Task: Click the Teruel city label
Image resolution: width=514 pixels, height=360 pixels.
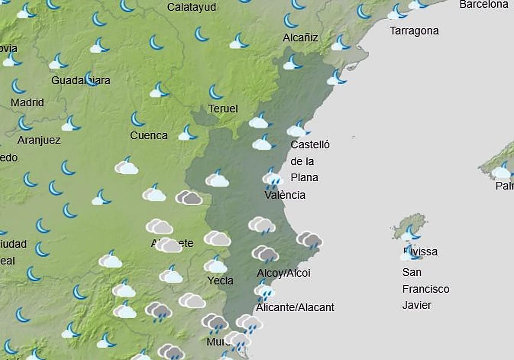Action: pyautogui.click(x=223, y=109)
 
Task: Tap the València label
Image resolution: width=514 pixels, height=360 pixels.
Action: pyautogui.click(x=285, y=195)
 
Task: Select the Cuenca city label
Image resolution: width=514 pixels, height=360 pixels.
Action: pyautogui.click(x=149, y=135)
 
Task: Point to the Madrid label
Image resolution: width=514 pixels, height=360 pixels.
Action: pyautogui.click(x=27, y=103)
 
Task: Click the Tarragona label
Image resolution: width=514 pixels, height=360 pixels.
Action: pyautogui.click(x=414, y=31)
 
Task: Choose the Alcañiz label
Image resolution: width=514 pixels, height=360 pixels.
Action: pyautogui.click(x=300, y=38)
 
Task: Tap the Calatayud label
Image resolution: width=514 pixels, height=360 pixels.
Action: pyautogui.click(x=191, y=7)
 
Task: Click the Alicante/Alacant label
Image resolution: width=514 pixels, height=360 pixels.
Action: pyautogui.click(x=295, y=307)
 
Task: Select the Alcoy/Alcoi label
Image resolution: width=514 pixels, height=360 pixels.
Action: pyautogui.click(x=284, y=273)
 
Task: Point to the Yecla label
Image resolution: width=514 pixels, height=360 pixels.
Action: pyautogui.click(x=220, y=281)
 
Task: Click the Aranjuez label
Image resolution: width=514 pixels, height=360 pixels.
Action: pyautogui.click(x=39, y=140)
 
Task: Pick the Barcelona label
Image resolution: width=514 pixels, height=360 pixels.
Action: pyautogui.click(x=484, y=5)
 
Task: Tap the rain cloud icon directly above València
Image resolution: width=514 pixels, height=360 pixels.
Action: pyautogui.click(x=272, y=179)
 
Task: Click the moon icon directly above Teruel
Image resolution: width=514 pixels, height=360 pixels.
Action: pyautogui.click(x=215, y=92)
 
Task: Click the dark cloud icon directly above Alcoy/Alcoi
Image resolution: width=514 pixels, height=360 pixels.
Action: pyautogui.click(x=266, y=254)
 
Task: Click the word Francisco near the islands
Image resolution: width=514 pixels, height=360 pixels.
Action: pyautogui.click(x=425, y=289)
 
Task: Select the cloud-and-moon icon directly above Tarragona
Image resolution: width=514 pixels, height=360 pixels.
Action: pyautogui.click(x=397, y=12)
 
